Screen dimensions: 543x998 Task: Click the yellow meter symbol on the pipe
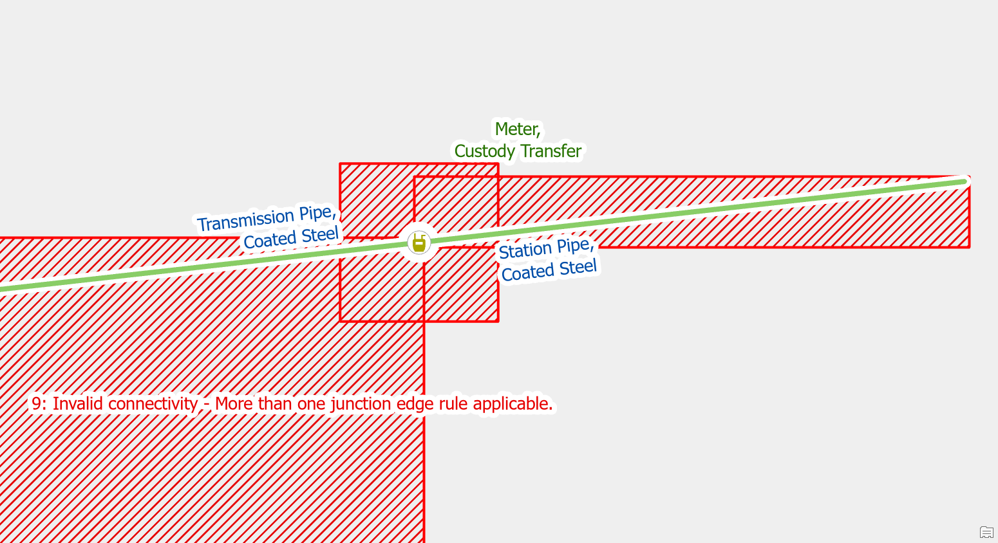coord(419,243)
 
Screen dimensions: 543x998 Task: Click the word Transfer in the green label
coord(551,151)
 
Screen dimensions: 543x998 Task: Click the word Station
coord(525,250)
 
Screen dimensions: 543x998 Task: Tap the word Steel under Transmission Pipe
coord(319,235)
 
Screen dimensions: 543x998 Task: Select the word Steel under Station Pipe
coord(578,268)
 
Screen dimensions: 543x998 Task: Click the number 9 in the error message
coord(37,404)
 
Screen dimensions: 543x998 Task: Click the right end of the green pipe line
coord(964,181)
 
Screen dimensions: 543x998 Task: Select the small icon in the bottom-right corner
coord(986,532)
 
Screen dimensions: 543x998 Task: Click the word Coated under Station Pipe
coord(528,273)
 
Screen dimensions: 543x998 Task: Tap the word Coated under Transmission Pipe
coord(270,241)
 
